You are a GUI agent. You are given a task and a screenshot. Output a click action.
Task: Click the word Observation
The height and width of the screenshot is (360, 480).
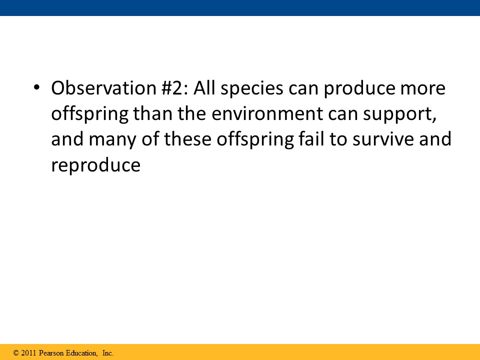tap(104, 88)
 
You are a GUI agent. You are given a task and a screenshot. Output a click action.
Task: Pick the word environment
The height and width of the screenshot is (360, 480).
tap(267, 114)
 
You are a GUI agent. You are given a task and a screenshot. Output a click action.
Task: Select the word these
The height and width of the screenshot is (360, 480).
tap(187, 139)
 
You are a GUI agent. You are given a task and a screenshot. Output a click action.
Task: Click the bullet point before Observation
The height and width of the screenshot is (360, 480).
tap(36, 87)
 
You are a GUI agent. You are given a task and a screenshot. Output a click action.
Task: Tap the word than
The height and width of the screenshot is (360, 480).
tap(152, 113)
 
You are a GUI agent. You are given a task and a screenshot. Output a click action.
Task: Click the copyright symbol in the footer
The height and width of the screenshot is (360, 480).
tap(16, 353)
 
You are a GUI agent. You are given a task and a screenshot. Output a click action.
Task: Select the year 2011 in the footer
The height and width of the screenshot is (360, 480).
tap(29, 353)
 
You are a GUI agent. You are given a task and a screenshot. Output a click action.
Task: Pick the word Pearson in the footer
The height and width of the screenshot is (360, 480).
tap(51, 353)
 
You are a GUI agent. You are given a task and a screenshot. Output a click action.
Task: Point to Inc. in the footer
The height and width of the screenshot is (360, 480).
tap(108, 353)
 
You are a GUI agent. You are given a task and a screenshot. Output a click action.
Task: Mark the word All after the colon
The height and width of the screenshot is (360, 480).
tap(204, 88)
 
